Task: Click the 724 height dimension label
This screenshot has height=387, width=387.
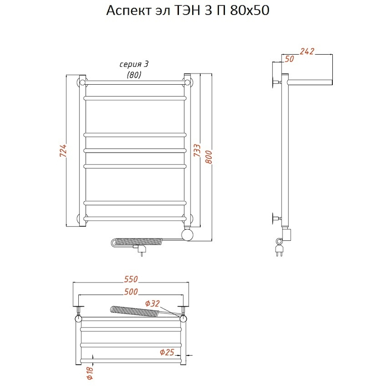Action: (x=63, y=150)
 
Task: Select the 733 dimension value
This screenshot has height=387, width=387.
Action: (x=197, y=150)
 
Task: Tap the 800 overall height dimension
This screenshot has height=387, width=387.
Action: (x=209, y=157)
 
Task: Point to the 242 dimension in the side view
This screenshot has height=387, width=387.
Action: (x=307, y=51)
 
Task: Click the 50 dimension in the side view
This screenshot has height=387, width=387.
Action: (x=289, y=59)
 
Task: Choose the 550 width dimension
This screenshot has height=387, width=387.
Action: (x=131, y=279)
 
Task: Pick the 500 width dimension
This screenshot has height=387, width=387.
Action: (x=131, y=292)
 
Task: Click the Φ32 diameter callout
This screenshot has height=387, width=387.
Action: (x=152, y=303)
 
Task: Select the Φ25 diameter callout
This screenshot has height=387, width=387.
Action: (x=167, y=352)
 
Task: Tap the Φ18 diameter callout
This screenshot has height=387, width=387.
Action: (x=90, y=373)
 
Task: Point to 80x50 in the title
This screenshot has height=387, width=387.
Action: (x=249, y=11)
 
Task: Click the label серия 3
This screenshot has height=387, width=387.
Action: (x=134, y=64)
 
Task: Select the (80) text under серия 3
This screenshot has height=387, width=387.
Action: (x=134, y=74)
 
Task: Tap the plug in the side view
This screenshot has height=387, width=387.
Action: (x=279, y=248)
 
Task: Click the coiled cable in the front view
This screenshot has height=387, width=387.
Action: (x=137, y=242)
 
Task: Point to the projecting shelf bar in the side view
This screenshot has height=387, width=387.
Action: (x=310, y=82)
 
